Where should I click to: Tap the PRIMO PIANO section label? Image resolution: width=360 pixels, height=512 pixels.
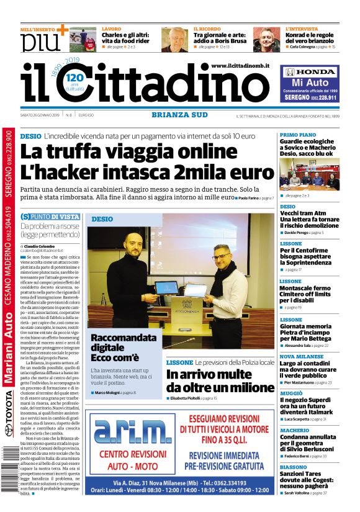(297, 135)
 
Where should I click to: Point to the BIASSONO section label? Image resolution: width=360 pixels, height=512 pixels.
(293, 467)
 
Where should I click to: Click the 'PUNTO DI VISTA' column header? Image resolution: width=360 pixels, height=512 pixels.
(50, 217)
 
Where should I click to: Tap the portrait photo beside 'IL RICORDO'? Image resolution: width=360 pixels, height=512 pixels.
(174, 40)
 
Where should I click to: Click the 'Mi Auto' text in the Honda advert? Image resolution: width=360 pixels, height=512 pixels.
(309, 83)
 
